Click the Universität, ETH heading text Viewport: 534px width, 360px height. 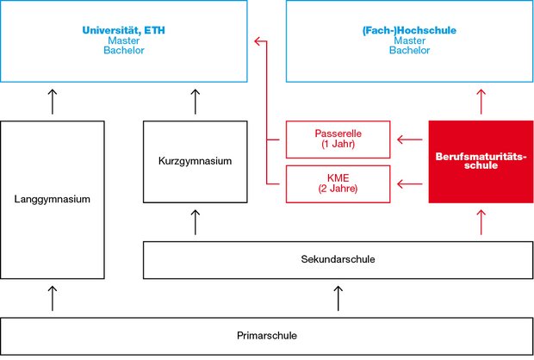pos(125,30)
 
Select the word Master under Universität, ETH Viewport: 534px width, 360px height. pos(125,40)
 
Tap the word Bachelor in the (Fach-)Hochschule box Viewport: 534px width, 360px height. pos(409,51)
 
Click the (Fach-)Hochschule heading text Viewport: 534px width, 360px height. pos(409,30)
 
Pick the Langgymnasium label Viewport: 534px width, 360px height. pos(53,200)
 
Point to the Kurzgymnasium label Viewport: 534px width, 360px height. pos(196,161)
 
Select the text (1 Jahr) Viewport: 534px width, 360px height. pos(333,144)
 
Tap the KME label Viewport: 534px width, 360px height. pos(333,178)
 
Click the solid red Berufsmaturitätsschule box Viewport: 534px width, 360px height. pos(480,162)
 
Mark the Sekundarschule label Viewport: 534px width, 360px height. pos(338,259)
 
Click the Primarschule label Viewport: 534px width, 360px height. pos(266,334)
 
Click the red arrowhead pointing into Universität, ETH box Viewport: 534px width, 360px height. pos(257,40)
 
